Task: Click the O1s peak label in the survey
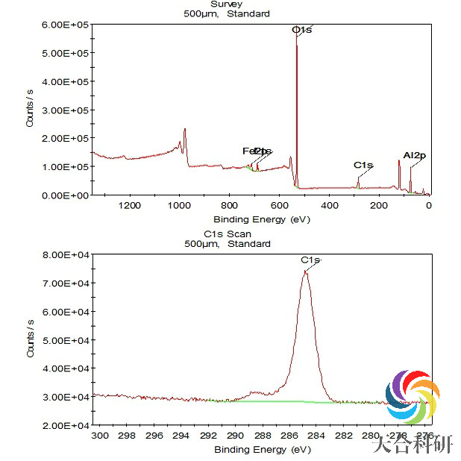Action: (301, 30)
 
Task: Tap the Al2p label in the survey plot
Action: (414, 155)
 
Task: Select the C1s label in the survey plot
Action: (363, 165)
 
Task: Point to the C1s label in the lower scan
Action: (310, 260)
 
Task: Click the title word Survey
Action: (227, 4)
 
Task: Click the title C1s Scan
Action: (227, 233)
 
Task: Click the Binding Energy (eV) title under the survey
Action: (261, 219)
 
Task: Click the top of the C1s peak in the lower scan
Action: (305, 272)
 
